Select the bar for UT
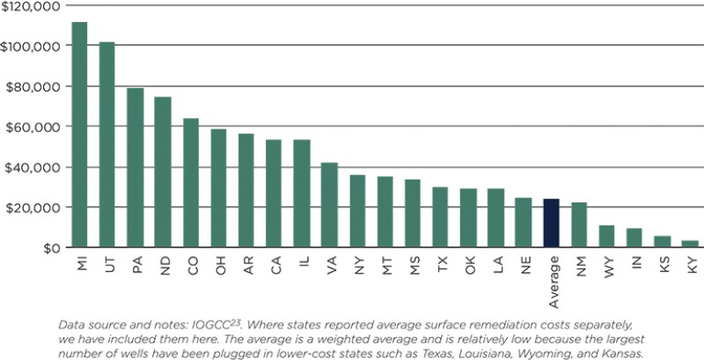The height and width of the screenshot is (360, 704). tap(107, 144)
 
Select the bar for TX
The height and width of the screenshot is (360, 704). tap(440, 217)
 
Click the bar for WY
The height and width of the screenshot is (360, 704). tap(606, 236)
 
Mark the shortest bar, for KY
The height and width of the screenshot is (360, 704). tap(690, 244)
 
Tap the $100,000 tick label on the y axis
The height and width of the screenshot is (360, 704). tap(32, 46)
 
